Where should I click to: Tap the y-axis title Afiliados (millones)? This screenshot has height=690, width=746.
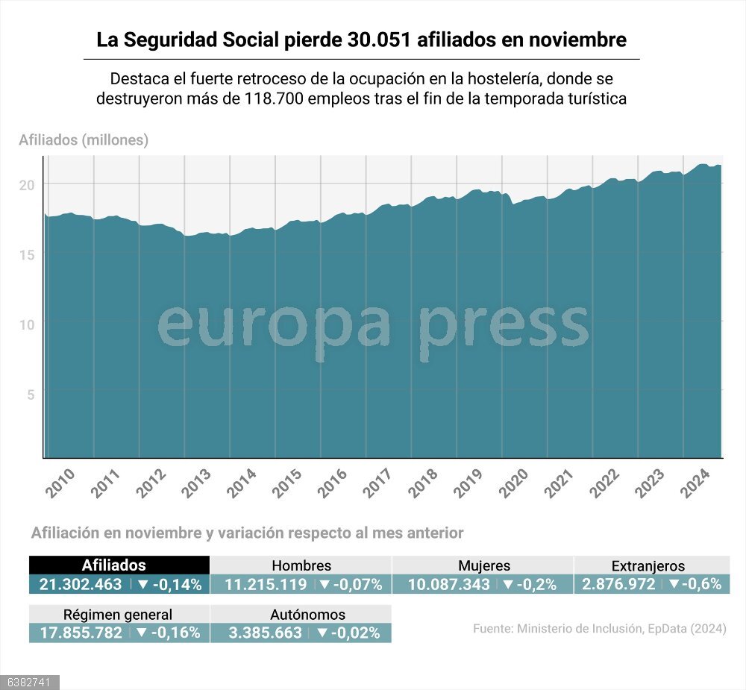[84, 139]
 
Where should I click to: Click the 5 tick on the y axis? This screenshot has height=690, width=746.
[31, 394]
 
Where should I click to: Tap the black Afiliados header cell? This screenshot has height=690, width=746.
[119, 565]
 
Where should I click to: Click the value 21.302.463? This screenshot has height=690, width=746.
[81, 584]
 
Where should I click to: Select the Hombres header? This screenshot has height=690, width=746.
[301, 565]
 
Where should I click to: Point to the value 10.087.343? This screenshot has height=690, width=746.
[449, 584]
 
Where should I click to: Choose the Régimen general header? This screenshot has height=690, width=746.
[118, 615]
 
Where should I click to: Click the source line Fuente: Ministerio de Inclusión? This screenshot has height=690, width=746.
[599, 629]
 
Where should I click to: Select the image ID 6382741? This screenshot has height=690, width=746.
[29, 683]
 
